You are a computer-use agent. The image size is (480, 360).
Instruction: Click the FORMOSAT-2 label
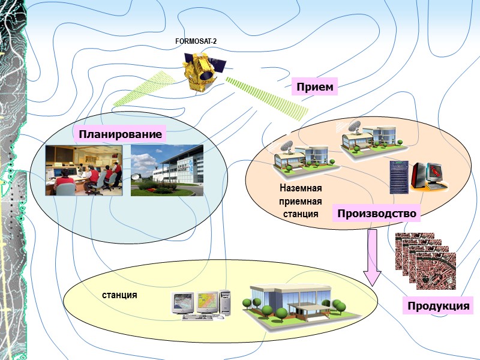(195, 41)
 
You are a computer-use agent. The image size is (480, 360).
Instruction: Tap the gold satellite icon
(202, 71)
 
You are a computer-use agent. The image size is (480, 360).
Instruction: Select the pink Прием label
(314, 88)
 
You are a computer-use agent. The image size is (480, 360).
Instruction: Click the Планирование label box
(120, 134)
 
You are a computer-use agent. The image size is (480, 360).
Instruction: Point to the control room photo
(84, 170)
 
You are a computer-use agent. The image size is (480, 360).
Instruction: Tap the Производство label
(376, 214)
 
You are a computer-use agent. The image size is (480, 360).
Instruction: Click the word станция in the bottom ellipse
(119, 295)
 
